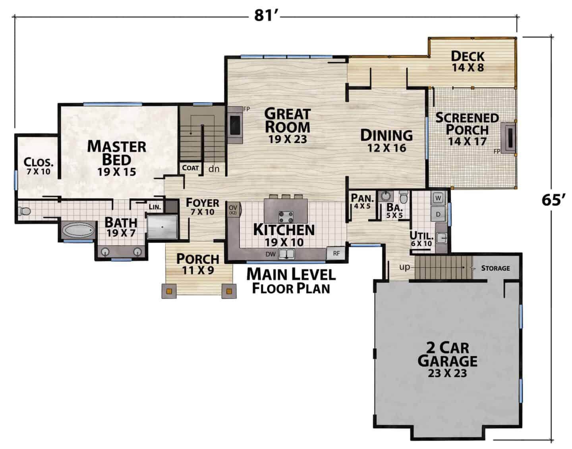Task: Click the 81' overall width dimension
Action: tap(263, 15)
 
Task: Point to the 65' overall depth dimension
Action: tap(553, 199)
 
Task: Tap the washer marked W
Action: tap(438, 198)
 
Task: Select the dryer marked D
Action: tap(438, 214)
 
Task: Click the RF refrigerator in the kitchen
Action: tap(336, 253)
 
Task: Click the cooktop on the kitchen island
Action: tap(286, 217)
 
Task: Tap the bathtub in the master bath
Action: tap(78, 230)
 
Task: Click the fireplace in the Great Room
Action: tap(235, 125)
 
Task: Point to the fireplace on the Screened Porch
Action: tap(508, 138)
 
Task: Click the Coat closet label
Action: tap(190, 168)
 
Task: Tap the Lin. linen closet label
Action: tap(155, 207)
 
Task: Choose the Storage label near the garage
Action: tap(496, 268)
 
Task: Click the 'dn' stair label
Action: tap(214, 169)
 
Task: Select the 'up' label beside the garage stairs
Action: tap(404, 267)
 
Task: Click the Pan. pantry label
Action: tap(362, 198)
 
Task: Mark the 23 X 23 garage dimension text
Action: tap(447, 373)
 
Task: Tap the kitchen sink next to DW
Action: tap(286, 254)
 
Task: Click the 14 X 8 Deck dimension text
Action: tap(468, 67)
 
